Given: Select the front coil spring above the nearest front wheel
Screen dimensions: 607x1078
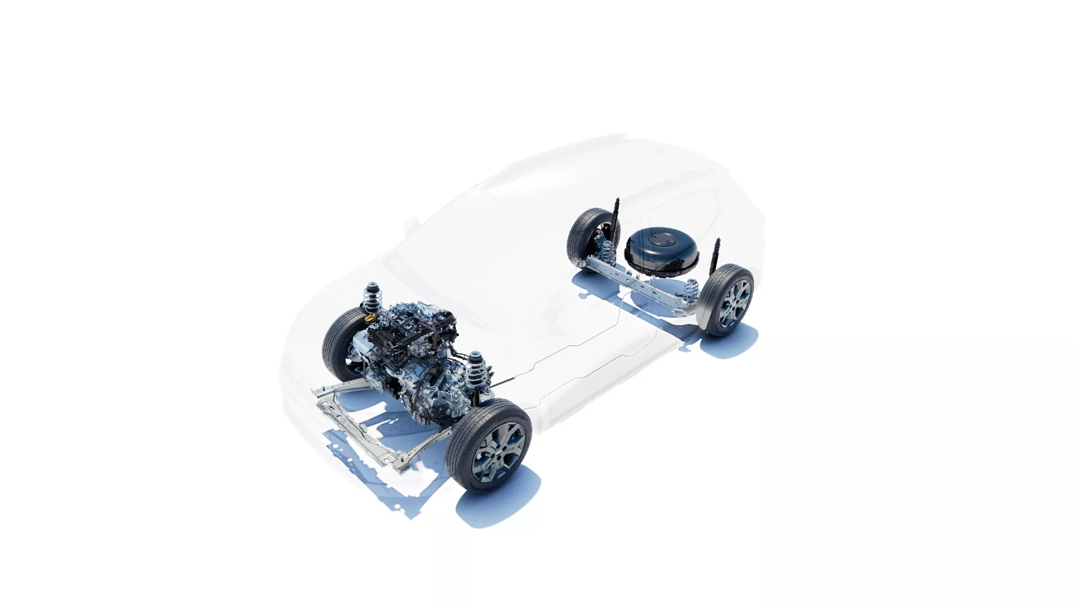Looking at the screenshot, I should pos(477,372).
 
